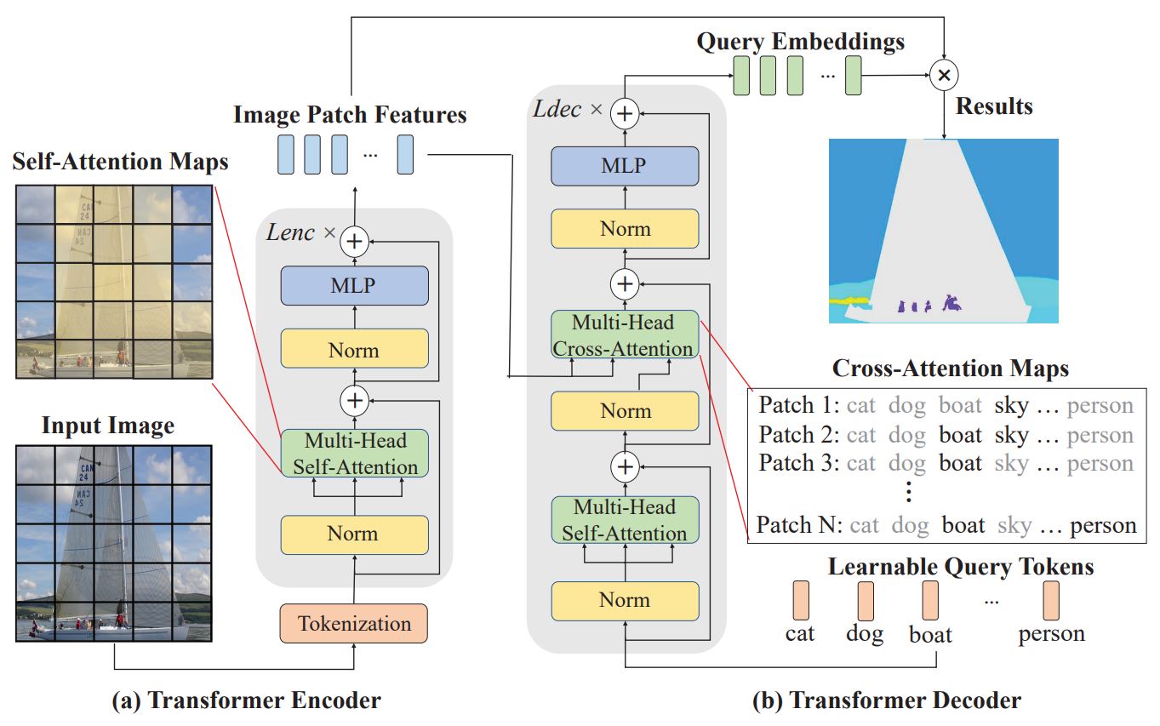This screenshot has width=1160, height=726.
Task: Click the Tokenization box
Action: click(353, 623)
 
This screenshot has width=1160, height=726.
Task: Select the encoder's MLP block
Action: click(353, 285)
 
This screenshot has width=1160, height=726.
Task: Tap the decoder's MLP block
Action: click(625, 165)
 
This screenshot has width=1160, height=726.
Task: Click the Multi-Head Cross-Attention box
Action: click(625, 334)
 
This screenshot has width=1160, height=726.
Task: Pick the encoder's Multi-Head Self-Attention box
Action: click(353, 454)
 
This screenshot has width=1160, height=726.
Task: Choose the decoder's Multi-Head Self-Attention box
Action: click(625, 520)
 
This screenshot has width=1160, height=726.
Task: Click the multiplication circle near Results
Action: click(943, 76)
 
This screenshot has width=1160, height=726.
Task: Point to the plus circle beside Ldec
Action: click(626, 112)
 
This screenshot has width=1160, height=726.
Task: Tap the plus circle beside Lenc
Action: click(353, 242)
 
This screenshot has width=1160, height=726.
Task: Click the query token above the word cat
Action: click(801, 601)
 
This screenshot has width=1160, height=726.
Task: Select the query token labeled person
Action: click(1052, 601)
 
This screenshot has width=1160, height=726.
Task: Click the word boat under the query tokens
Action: click(930, 634)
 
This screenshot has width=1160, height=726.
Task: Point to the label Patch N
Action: click(796, 524)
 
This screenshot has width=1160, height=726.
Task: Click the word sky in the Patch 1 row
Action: click(1011, 405)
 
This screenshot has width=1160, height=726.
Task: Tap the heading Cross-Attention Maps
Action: click(950, 369)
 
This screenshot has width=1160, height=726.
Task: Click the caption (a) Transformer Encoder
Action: click(247, 700)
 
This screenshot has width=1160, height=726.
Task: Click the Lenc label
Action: click(292, 232)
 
